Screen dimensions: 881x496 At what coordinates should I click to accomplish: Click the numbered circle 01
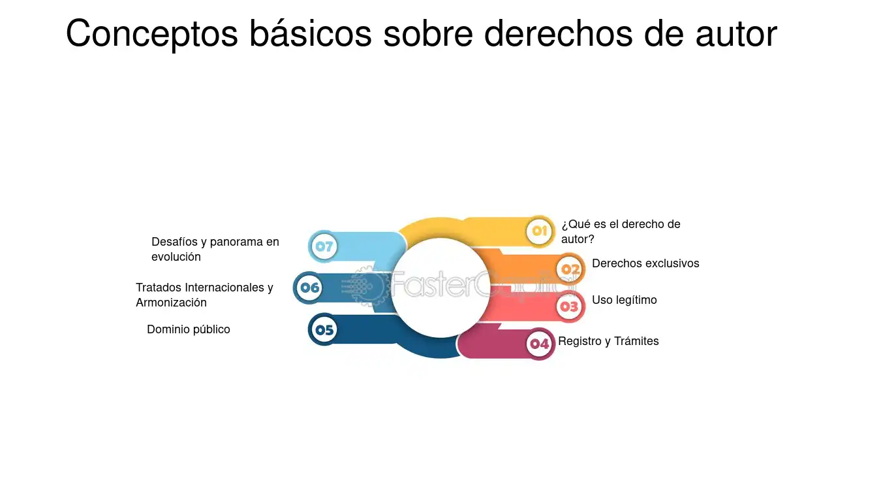click(x=540, y=231)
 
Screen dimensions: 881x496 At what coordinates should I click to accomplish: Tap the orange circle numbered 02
click(x=570, y=269)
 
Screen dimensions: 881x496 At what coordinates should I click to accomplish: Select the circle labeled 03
click(x=570, y=306)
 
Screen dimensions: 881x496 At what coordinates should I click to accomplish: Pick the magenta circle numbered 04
click(x=540, y=344)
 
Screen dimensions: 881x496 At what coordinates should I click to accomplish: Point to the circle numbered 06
click(x=309, y=288)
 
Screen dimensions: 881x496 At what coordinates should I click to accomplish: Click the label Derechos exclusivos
click(x=645, y=263)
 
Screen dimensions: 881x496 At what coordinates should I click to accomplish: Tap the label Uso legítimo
click(x=624, y=300)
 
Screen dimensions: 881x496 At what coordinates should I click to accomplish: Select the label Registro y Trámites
click(x=608, y=341)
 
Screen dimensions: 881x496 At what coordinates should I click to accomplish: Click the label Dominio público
click(x=189, y=329)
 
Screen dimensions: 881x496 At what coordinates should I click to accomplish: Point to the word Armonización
click(x=171, y=303)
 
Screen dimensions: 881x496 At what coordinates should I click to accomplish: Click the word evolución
click(x=176, y=257)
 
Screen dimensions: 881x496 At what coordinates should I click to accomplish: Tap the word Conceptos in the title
click(x=152, y=34)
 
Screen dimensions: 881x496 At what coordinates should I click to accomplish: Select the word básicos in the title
click(x=311, y=33)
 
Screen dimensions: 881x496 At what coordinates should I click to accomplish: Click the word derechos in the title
click(x=558, y=33)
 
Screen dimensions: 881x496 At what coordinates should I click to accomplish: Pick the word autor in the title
click(x=736, y=35)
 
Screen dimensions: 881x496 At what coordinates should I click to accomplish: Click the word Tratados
click(x=159, y=288)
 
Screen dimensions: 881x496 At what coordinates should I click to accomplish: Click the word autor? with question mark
click(x=578, y=239)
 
